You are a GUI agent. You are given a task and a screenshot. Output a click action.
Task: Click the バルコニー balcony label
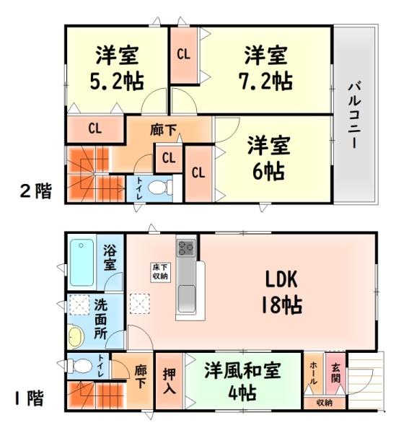[353, 115]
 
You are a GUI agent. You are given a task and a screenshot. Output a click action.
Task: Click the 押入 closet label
[167, 382]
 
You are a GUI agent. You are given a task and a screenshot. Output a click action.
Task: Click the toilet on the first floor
[81, 366]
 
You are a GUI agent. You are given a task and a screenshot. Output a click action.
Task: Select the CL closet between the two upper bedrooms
[183, 55]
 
